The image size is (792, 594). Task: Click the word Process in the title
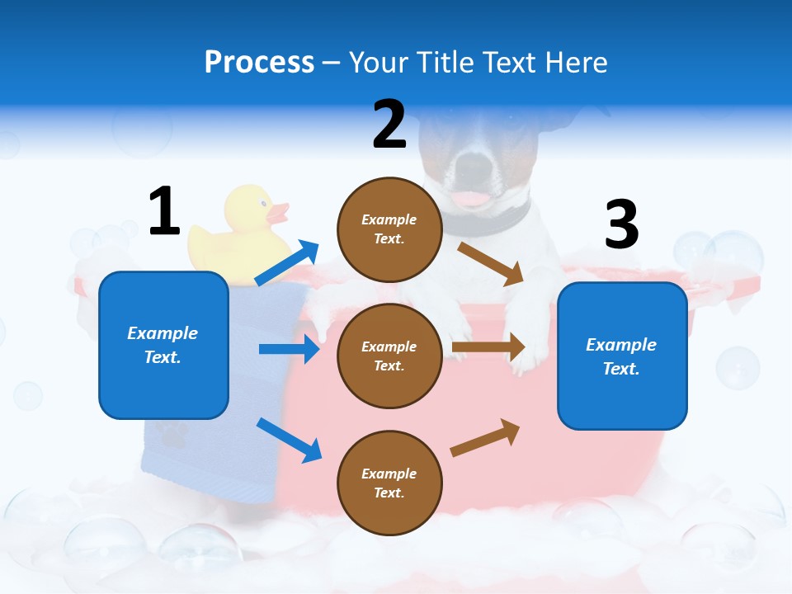[259, 62]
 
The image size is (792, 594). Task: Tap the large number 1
[164, 211]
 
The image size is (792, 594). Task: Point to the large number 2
[389, 125]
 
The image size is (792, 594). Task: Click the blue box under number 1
[163, 345]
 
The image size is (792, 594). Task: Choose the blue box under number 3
[622, 356]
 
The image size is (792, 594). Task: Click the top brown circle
[389, 229]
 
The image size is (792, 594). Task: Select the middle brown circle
[389, 356]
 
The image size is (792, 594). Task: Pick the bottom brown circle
[389, 483]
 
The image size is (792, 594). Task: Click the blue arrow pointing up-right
[287, 263]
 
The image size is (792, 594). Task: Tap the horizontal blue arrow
[289, 349]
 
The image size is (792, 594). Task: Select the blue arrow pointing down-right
[289, 440]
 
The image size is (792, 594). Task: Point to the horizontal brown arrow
[488, 347]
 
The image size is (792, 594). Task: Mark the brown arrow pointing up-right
[486, 437]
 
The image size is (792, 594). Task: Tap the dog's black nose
[472, 167]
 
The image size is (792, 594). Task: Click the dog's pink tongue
[472, 199]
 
